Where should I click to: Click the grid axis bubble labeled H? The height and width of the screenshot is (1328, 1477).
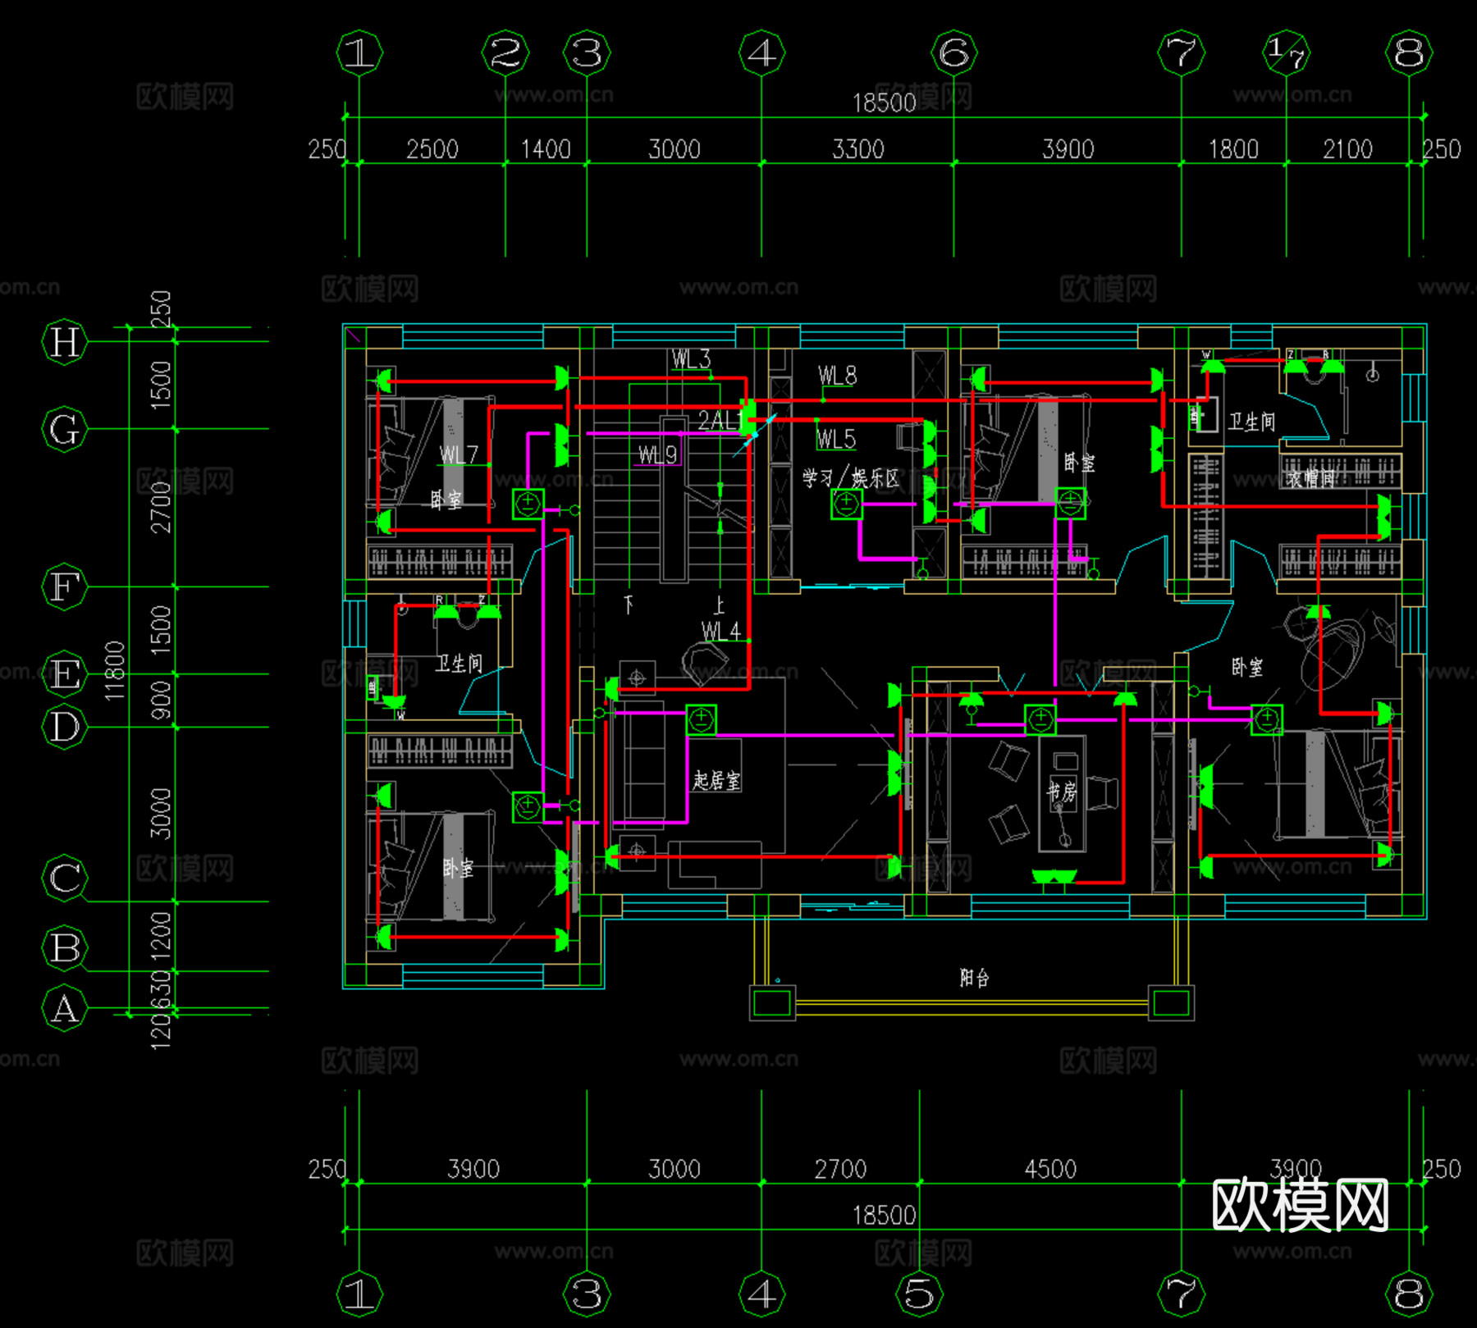click(64, 341)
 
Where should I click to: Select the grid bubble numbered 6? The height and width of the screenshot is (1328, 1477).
click(953, 53)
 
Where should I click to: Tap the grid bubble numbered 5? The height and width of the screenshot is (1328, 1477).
click(919, 1294)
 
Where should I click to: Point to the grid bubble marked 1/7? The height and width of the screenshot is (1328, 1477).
click(1286, 53)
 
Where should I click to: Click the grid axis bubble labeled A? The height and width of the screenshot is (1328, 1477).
click(64, 1008)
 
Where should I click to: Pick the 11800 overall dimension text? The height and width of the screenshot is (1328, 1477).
click(115, 670)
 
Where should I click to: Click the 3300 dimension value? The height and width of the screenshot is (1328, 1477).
click(857, 149)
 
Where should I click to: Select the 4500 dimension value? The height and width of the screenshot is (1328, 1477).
click(1050, 1169)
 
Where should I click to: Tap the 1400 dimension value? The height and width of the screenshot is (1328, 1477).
click(546, 149)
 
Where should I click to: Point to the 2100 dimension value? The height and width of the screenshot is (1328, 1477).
click(1347, 149)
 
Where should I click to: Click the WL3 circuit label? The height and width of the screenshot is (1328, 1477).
click(691, 359)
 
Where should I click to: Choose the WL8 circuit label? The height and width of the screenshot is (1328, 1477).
click(837, 376)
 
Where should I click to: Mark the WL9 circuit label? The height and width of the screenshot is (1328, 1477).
click(658, 454)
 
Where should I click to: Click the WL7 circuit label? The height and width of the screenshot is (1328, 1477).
click(458, 454)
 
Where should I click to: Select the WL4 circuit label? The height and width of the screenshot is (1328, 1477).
click(720, 631)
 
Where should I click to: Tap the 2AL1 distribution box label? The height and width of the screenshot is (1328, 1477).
click(720, 421)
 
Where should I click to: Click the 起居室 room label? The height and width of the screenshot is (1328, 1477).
click(716, 780)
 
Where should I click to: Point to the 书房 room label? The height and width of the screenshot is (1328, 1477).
click(1061, 792)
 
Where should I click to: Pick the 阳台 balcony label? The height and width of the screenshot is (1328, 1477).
click(974, 977)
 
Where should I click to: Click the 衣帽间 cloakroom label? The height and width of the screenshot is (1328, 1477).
click(1310, 479)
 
